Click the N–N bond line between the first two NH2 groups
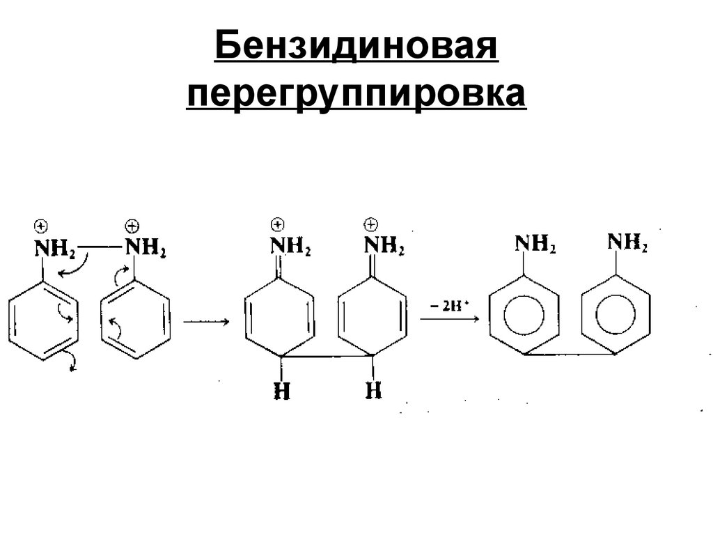click(x=100, y=246)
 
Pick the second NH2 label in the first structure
click(x=145, y=247)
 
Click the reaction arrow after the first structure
click(x=206, y=322)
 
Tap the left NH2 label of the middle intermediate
click(x=290, y=247)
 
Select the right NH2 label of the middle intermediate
click(x=384, y=247)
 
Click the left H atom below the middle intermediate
click(x=281, y=391)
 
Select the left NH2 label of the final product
click(x=535, y=244)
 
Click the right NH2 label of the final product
click(x=627, y=243)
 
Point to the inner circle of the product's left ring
click(x=524, y=317)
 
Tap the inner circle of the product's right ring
click(x=617, y=317)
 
